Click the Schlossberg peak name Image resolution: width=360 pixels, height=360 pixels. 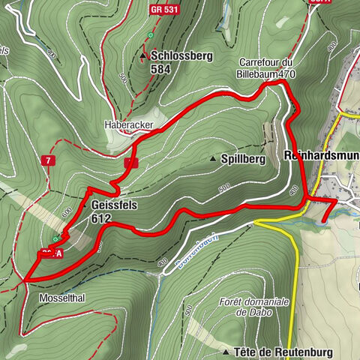point(182,55)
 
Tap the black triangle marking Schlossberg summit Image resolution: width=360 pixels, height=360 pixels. point(142,55)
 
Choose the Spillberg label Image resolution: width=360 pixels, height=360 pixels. point(244,159)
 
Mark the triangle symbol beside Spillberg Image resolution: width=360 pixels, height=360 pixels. point(213,159)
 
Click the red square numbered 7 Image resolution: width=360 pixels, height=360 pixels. point(48,160)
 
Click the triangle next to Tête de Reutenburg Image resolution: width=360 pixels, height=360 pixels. point(226,351)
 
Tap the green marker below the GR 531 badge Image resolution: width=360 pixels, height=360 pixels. point(151,34)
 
